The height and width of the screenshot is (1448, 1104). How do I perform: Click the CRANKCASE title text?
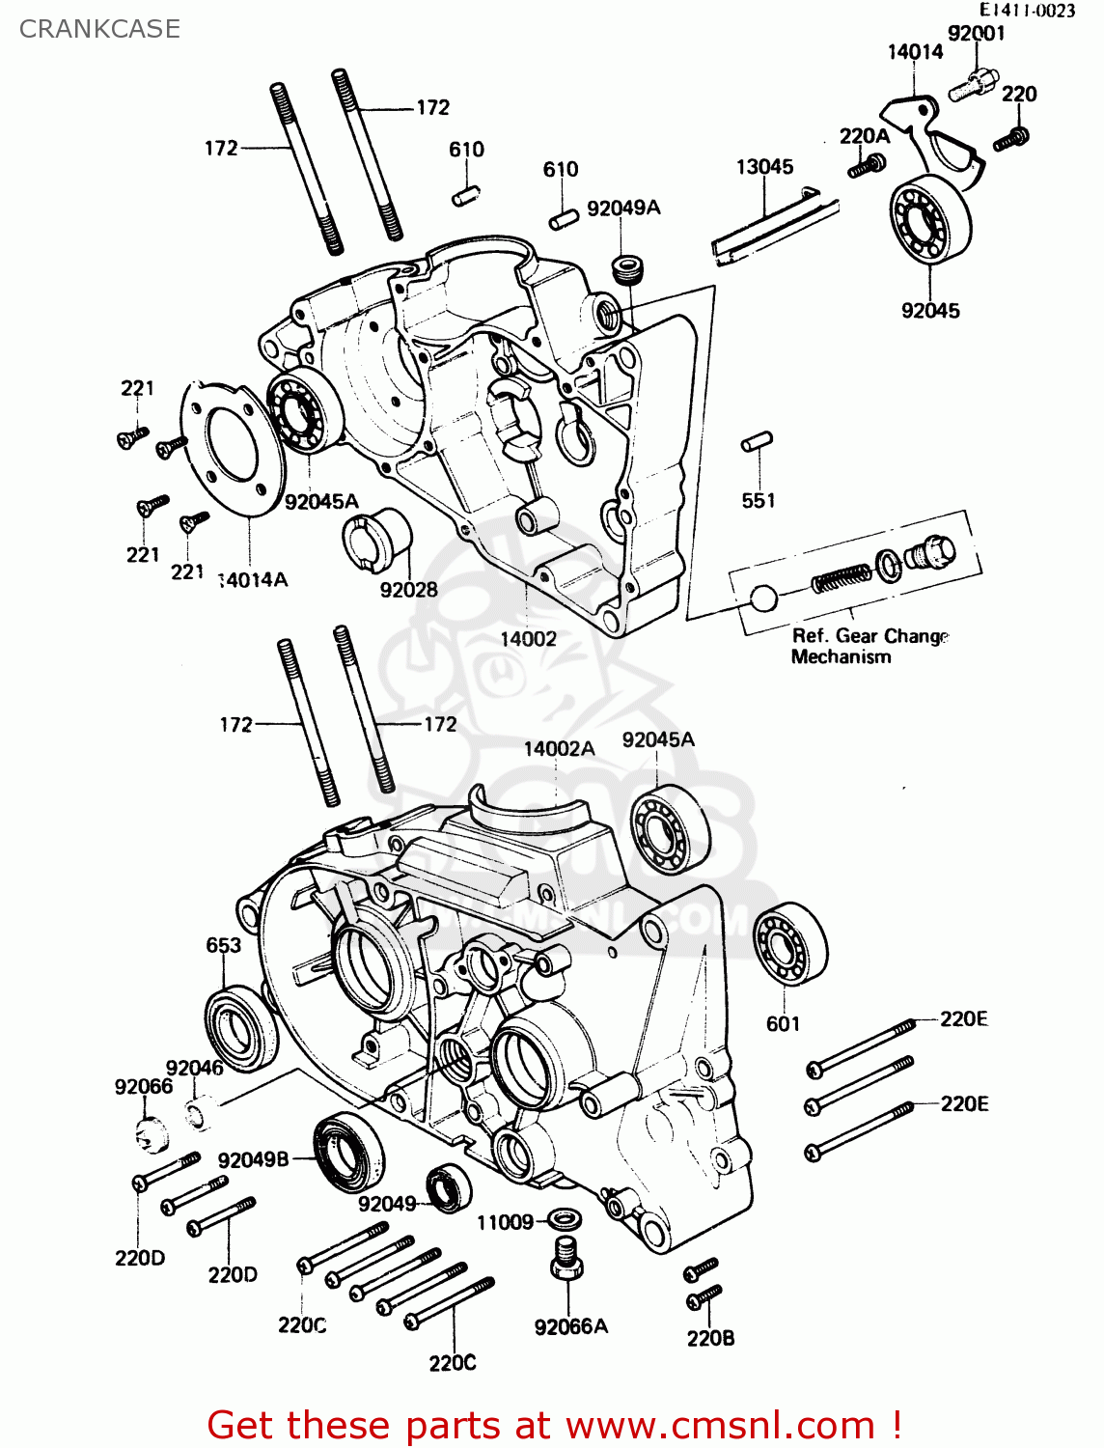coord(99,29)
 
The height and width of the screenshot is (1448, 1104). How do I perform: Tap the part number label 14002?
coord(528,638)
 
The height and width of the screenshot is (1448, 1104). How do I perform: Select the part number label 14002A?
coord(559,748)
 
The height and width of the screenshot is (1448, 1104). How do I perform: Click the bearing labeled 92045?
coord(930,221)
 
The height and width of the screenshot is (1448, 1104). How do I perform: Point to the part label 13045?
coord(764,167)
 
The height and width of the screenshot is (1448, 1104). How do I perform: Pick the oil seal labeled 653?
coord(239,1028)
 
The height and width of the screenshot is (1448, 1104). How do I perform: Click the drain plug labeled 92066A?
coord(566,1258)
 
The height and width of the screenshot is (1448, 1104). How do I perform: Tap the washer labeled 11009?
coord(564,1219)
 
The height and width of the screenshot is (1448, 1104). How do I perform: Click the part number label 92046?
coord(194,1068)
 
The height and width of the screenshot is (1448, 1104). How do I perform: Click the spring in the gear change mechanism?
coord(841,579)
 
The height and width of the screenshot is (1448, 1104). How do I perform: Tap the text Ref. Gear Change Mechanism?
coord(869,646)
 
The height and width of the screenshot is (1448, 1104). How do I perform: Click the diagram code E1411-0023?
coord(1027,11)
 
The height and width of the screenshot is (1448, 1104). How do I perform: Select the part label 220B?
coord(710,1338)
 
